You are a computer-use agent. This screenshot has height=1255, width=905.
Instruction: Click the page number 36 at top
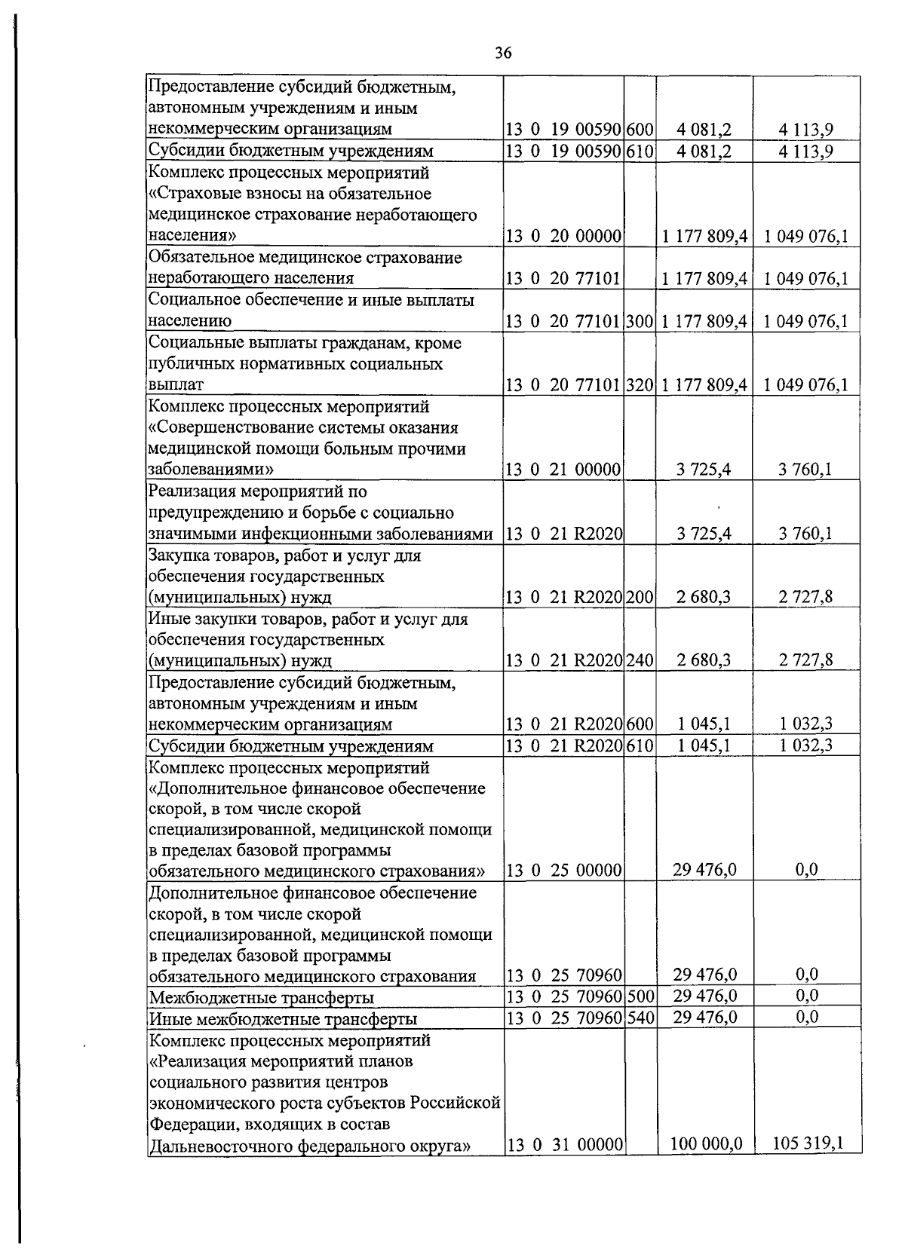504,52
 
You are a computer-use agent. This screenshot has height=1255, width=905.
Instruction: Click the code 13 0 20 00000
563,237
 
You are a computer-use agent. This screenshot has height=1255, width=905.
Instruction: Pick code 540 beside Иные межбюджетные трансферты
640,1018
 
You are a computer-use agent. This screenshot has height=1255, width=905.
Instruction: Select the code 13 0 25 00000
563,871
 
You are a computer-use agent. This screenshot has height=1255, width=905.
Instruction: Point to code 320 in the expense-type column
640,385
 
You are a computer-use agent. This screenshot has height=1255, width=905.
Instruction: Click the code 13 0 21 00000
563,470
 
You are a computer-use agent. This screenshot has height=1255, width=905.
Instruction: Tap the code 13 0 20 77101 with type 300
563,322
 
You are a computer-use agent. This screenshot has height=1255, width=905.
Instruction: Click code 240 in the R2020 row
640,661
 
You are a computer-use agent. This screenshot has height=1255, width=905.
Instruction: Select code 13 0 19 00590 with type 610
563,151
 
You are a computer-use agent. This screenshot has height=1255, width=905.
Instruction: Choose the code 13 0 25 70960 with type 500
563,997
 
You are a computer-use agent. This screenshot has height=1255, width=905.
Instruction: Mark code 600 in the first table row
640,129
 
